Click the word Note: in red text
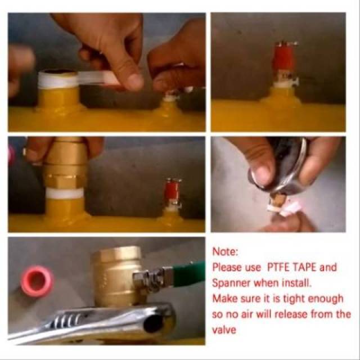coord(226,251)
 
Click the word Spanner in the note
coord(231,283)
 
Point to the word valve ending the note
coord(224,330)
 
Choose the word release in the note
coord(291,314)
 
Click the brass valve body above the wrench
coord(116,276)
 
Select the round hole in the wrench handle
coord(152,323)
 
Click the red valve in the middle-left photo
coord(172,190)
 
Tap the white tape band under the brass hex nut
coord(65,193)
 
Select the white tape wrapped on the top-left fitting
coord(57,80)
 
